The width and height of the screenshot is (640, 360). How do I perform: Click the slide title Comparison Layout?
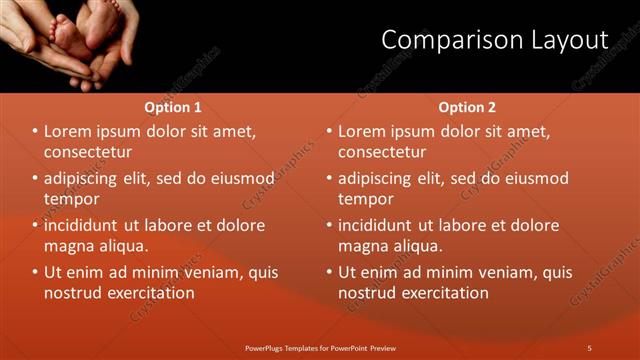495,40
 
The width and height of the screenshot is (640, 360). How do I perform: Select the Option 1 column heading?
173,107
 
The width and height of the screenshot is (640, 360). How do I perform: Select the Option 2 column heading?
467,107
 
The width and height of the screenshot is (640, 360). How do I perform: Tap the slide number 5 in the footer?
589,347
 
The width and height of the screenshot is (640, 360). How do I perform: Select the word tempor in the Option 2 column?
366,199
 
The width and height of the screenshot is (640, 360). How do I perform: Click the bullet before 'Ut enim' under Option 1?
35,272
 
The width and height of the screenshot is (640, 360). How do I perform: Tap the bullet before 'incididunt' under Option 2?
329,225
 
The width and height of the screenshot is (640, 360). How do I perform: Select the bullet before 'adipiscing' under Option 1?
35,179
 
